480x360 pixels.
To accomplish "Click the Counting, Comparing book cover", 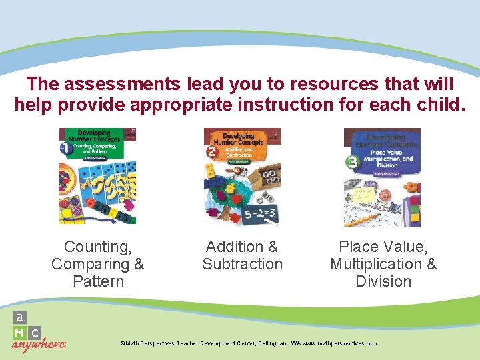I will pyautogui.click(x=97, y=176).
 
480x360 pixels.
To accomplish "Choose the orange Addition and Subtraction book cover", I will pyautogui.click(x=242, y=176).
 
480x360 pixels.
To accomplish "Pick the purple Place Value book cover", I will pyautogui.click(x=382, y=176).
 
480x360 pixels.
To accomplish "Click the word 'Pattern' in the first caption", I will pyautogui.click(x=98, y=281).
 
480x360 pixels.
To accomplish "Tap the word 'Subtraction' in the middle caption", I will pyautogui.click(x=242, y=264).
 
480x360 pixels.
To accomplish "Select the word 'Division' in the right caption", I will pyautogui.click(x=383, y=281).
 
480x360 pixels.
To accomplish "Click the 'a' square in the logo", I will pyautogui.click(x=20, y=317).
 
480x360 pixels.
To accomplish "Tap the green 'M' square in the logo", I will pyautogui.click(x=20, y=332).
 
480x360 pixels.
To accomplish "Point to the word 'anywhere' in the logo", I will pyautogui.click(x=39, y=345).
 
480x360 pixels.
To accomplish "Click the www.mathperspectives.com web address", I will pyautogui.click(x=339, y=343).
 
